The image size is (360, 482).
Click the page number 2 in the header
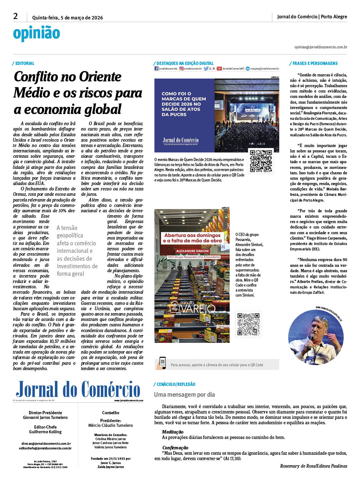point(15,16)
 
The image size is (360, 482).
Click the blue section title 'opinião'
point(36,34)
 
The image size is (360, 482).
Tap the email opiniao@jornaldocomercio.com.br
point(321,47)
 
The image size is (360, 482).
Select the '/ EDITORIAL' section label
point(24,63)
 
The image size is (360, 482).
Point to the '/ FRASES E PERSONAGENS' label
point(314,63)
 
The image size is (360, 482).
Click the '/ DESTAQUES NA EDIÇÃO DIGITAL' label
point(184,63)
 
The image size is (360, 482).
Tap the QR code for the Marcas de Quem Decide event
point(261,161)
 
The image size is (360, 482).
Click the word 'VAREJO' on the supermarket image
point(198,309)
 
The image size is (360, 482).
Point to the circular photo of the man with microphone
point(316,337)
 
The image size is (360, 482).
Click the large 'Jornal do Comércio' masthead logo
point(78,389)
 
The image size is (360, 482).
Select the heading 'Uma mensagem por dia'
point(184,394)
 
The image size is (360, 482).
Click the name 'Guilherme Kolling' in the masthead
point(45,432)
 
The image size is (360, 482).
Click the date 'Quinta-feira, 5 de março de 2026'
point(67,18)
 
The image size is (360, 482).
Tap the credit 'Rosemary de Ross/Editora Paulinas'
point(313,466)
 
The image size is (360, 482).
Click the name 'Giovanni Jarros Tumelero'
point(45,417)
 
